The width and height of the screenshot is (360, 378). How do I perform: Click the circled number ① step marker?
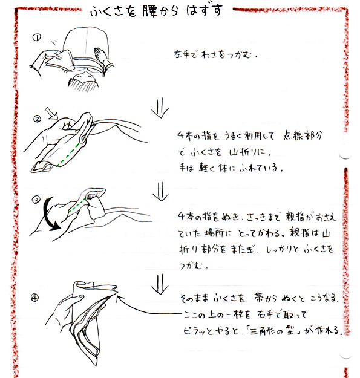click(37, 37)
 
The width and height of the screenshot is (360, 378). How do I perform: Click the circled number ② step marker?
click(37, 119)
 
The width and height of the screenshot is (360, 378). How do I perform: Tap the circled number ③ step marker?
click(36, 200)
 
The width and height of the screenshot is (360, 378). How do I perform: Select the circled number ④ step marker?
click(34, 298)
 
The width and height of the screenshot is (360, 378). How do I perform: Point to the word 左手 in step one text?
click(182, 54)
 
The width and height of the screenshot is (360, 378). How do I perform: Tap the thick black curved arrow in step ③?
click(50, 214)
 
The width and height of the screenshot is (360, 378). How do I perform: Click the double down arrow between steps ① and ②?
click(160, 107)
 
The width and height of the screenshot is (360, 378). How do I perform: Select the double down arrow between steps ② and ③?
click(161, 191)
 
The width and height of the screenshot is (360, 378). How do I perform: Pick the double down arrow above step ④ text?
click(160, 284)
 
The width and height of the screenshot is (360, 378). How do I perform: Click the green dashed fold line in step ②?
click(68, 154)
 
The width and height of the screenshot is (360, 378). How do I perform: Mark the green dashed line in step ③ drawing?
click(77, 205)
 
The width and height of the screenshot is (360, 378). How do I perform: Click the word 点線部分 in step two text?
click(303, 135)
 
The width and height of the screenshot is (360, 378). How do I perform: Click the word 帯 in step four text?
click(260, 298)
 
